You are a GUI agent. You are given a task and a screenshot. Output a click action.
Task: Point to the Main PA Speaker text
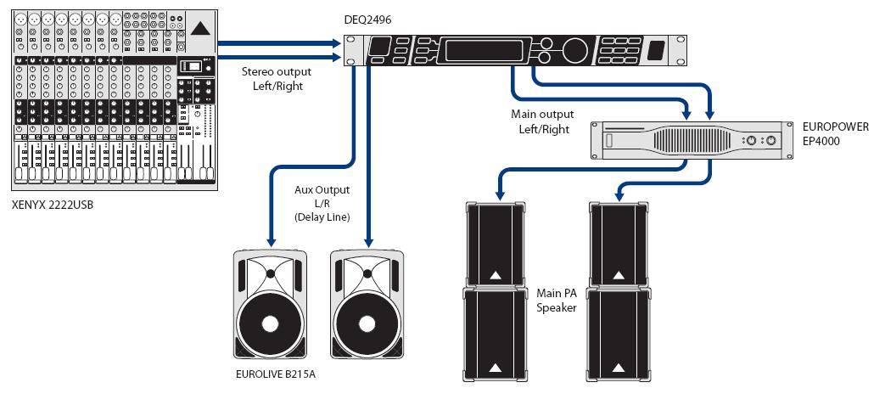click(x=557, y=300)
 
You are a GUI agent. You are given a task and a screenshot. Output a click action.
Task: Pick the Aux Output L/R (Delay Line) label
click(x=322, y=204)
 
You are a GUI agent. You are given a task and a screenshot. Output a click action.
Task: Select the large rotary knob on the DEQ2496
click(x=575, y=50)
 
